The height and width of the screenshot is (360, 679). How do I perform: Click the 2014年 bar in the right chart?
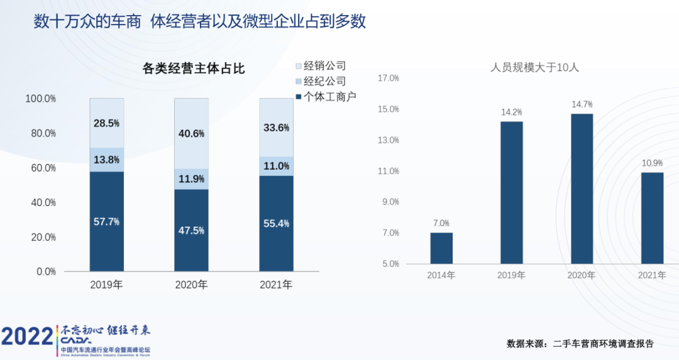pos(441,248)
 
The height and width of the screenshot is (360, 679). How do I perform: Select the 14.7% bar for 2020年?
pos(582,188)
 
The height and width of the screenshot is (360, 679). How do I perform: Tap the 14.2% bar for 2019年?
pos(511,192)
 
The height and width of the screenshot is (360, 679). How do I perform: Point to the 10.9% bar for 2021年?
pos(652,218)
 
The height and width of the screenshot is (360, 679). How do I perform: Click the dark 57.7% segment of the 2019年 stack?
pos(107,222)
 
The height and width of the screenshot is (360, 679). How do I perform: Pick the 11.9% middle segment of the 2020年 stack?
pos(191,179)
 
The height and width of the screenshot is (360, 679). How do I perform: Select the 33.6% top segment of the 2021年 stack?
pos(276,128)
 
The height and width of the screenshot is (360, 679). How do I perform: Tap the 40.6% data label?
pos(191,133)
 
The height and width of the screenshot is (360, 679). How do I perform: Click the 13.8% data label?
pos(106,160)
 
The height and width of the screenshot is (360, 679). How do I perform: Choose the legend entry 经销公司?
pos(324,66)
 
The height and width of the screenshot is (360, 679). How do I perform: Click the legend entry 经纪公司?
pos(324,81)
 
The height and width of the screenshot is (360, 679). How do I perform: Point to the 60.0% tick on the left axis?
pos(41,168)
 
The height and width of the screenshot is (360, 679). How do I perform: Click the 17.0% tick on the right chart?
pos(388,79)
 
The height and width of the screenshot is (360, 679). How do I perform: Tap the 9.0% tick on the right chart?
pos(390,202)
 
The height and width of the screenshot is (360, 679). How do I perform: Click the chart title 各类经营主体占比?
pos(194,69)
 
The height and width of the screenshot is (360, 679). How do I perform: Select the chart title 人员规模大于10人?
pos(534,67)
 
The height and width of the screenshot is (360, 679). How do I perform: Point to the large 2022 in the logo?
pos(26,337)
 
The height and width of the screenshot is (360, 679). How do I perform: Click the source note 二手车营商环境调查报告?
pos(603,344)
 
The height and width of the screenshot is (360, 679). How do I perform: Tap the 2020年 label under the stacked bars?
pos(191,285)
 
